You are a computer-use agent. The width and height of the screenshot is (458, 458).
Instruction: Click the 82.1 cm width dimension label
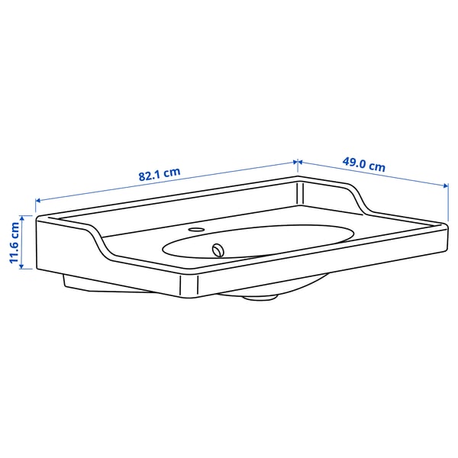point(159,174)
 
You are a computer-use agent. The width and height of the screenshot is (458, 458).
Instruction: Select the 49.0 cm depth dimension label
point(363,164)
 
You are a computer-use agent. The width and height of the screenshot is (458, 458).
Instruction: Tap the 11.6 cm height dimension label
point(14,243)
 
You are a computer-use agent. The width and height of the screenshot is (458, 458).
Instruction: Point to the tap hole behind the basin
point(196,228)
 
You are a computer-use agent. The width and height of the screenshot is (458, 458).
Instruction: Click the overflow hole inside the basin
point(220,248)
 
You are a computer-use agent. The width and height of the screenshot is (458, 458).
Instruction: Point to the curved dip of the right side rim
point(359,200)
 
